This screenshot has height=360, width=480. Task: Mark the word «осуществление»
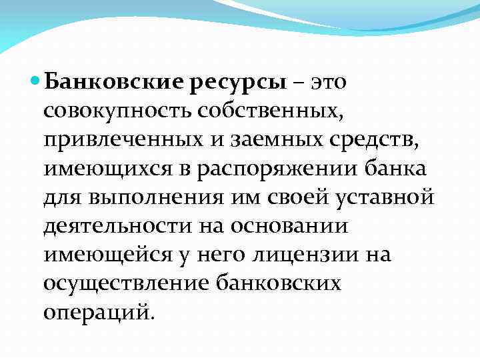(123, 283)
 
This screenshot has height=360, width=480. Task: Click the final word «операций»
(99, 312)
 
